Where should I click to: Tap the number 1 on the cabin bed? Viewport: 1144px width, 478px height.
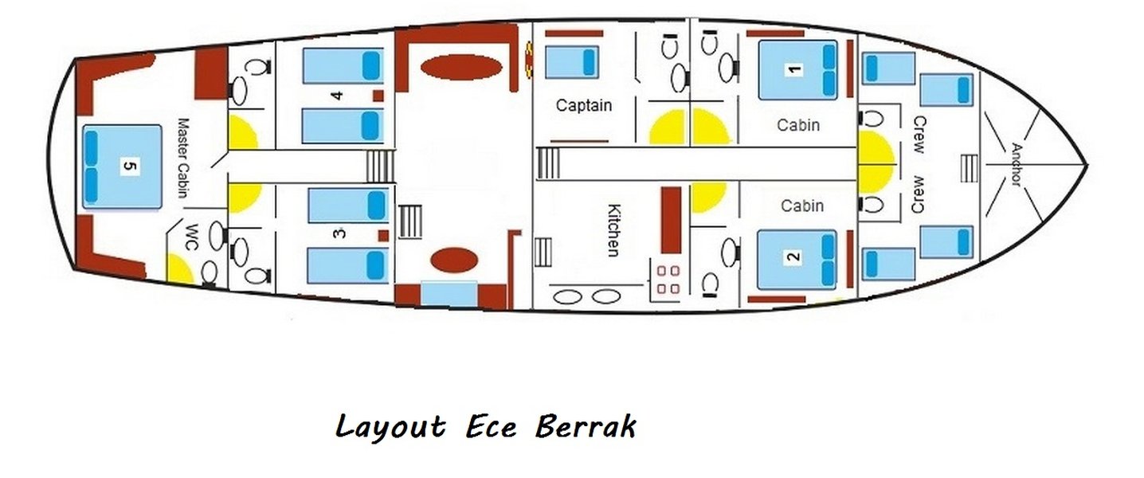[793, 70]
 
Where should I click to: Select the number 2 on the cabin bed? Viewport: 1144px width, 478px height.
[793, 257]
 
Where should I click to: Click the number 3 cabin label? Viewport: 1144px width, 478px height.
[340, 233]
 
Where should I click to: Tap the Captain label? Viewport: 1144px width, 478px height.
[583, 105]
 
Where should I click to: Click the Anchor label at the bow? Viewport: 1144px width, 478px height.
[1015, 164]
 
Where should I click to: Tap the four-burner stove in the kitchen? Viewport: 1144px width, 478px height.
[668, 277]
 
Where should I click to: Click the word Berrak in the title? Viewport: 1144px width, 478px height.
[586, 426]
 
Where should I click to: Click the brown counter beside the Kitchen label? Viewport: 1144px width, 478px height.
[672, 219]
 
